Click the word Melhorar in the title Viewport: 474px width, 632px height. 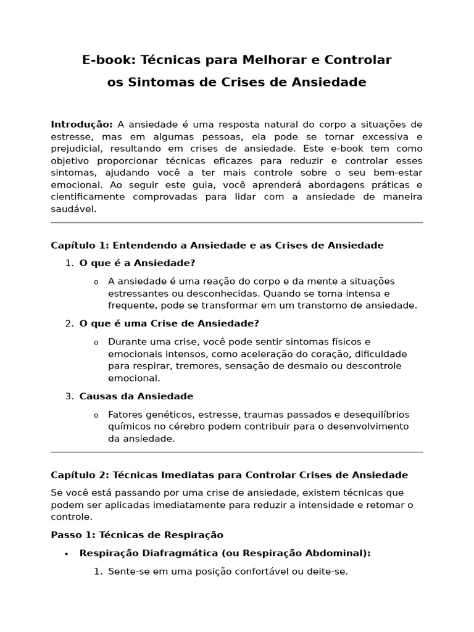[282, 60]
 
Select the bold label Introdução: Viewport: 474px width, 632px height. [81, 125]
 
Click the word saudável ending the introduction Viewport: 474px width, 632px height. [73, 209]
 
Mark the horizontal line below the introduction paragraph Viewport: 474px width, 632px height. [236, 223]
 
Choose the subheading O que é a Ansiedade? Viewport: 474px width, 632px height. [137, 263]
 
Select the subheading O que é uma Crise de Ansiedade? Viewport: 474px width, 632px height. [169, 323]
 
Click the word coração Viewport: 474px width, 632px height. [302, 354]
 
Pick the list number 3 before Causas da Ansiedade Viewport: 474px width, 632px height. [69, 396]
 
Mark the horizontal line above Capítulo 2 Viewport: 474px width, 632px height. [236, 452]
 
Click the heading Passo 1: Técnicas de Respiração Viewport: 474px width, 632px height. [137, 535]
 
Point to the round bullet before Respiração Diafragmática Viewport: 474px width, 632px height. [66, 554]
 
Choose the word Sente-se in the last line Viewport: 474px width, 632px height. [127, 572]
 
